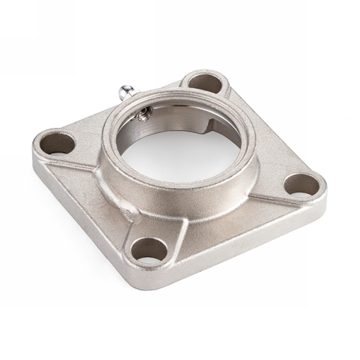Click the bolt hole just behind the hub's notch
(x=204, y=82)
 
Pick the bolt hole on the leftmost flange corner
(x=57, y=142)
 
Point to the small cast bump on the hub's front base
(x=131, y=213)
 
